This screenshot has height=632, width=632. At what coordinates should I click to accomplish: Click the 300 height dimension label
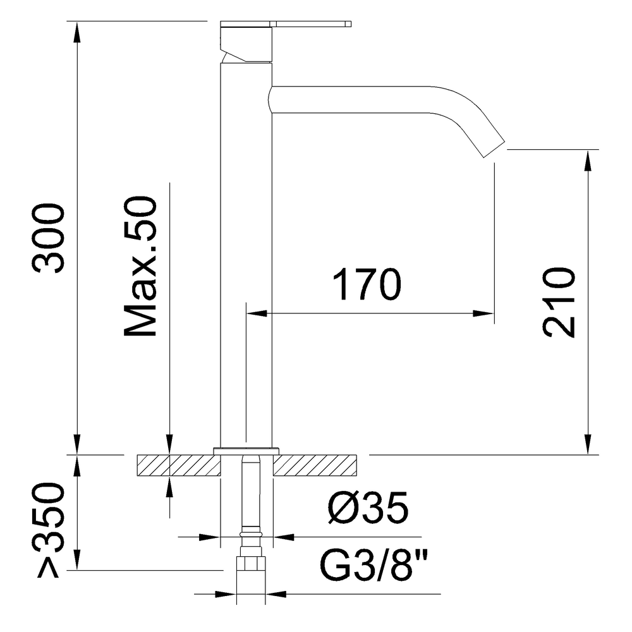pos(49,238)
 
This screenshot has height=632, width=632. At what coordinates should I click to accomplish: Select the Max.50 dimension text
pos(140,267)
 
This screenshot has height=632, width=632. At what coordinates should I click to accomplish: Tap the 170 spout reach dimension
pos(368,286)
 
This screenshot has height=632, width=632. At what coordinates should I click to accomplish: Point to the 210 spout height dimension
pos(559,302)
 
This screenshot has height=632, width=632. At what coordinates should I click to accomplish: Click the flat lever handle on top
pos(310,25)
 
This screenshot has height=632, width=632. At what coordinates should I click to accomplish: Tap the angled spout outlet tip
pos(492,145)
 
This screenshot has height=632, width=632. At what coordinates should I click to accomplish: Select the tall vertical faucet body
pos(246,253)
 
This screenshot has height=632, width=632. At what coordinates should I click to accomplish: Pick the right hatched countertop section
pos(316,465)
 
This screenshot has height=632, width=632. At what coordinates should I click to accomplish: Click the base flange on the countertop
pos(246,450)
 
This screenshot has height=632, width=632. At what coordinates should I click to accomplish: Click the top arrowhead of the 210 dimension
pos(588,159)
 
